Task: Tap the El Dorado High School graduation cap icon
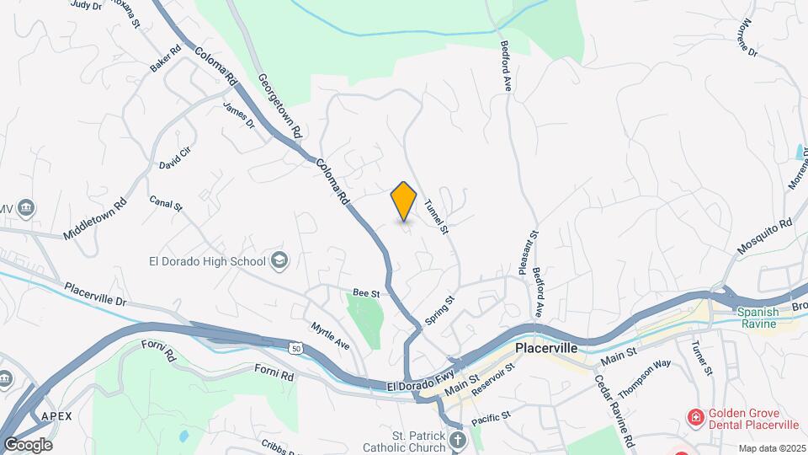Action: tap(279, 261)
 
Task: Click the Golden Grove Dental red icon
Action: tap(695, 416)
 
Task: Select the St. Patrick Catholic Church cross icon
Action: tap(456, 440)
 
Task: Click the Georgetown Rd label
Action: tap(279, 105)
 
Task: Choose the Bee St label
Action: tap(367, 293)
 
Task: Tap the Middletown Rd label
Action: tap(94, 218)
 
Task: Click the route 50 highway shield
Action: tap(294, 347)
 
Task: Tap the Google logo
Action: tap(27, 444)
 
